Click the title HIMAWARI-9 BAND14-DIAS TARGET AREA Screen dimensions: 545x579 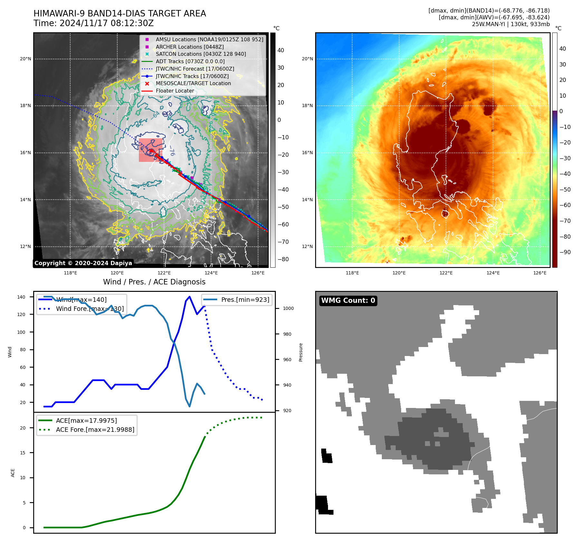click(x=120, y=14)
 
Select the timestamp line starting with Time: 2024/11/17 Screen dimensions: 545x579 click(x=93, y=23)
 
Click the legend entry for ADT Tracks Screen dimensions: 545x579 click(x=190, y=61)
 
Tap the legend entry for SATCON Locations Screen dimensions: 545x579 click(x=201, y=54)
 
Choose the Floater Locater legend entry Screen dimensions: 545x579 click(x=175, y=91)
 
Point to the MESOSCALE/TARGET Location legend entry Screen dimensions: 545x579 click(x=193, y=83)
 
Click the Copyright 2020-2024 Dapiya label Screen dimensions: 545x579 click(x=83, y=263)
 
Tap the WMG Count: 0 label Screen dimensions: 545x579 click(x=348, y=301)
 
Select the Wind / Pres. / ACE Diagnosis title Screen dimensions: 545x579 click(x=154, y=282)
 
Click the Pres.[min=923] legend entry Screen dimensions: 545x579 click(x=245, y=300)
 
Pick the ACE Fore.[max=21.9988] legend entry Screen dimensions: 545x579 click(x=95, y=430)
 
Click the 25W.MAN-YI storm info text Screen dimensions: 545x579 click(x=511, y=24)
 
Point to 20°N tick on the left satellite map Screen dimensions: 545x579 click(x=25, y=59)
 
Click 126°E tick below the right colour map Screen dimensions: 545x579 click(x=540, y=273)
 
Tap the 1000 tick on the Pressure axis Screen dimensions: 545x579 click(x=288, y=308)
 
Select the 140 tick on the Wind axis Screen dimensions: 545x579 click(x=21, y=297)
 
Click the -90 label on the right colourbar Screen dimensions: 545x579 click(x=565, y=252)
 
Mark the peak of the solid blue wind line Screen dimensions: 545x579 click(x=189, y=297)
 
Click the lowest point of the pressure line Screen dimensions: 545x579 click(x=189, y=406)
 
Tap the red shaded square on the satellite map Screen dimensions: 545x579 click(x=150, y=150)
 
